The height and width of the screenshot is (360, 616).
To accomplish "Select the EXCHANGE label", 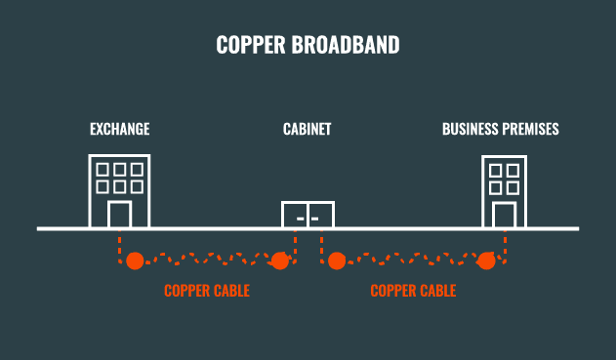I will point(119,129).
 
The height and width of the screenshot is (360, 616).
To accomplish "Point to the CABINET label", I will point(308,129).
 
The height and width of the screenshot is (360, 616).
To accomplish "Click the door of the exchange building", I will point(119,215).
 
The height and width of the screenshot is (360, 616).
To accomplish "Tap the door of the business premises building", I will point(504,215).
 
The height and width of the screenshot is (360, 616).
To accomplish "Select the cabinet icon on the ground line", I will point(308,215).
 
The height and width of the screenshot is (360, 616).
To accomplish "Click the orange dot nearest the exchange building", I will point(135,260).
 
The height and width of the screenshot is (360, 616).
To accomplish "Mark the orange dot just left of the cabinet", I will point(279,260).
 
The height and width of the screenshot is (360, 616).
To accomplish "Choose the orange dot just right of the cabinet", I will point(337,260).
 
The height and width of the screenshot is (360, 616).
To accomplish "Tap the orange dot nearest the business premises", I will point(486,260).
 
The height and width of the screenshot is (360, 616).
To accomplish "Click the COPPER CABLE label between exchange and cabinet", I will point(207,291).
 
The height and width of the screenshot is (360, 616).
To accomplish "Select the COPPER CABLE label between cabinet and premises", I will point(413,291).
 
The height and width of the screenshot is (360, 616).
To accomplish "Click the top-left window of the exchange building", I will point(103,168).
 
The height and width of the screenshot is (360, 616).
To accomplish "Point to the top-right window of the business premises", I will point(513,170).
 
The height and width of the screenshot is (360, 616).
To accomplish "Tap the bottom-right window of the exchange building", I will point(136,185).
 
